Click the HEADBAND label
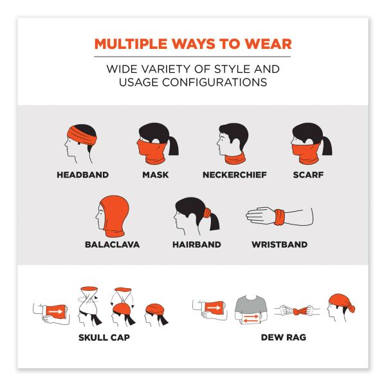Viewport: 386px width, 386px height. (83, 175)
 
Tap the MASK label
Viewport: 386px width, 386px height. (155, 175)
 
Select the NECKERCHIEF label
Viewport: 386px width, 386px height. (235, 175)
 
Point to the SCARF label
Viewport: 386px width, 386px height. (308, 175)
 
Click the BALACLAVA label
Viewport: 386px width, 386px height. (112, 244)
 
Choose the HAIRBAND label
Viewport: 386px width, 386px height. (197, 244)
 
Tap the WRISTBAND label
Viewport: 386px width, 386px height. (280, 244)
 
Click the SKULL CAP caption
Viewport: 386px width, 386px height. (104, 337)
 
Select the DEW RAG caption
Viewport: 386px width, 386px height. (284, 337)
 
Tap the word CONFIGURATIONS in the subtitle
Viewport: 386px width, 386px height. (214, 82)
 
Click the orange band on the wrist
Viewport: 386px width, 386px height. (280, 217)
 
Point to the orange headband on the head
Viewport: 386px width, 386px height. (82, 135)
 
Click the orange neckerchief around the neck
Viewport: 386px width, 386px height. (235, 159)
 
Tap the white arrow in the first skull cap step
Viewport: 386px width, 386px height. (55, 311)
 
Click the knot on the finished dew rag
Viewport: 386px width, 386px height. (351, 308)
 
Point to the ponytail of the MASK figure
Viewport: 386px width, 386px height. (173, 145)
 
